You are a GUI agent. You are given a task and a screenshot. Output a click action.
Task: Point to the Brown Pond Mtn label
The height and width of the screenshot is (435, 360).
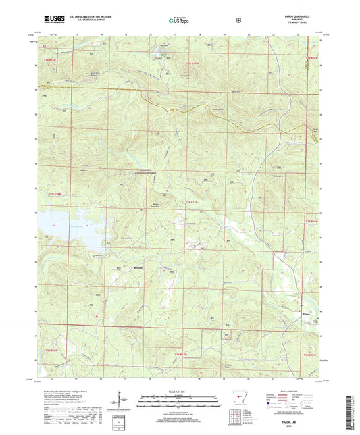(x=159, y=205)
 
